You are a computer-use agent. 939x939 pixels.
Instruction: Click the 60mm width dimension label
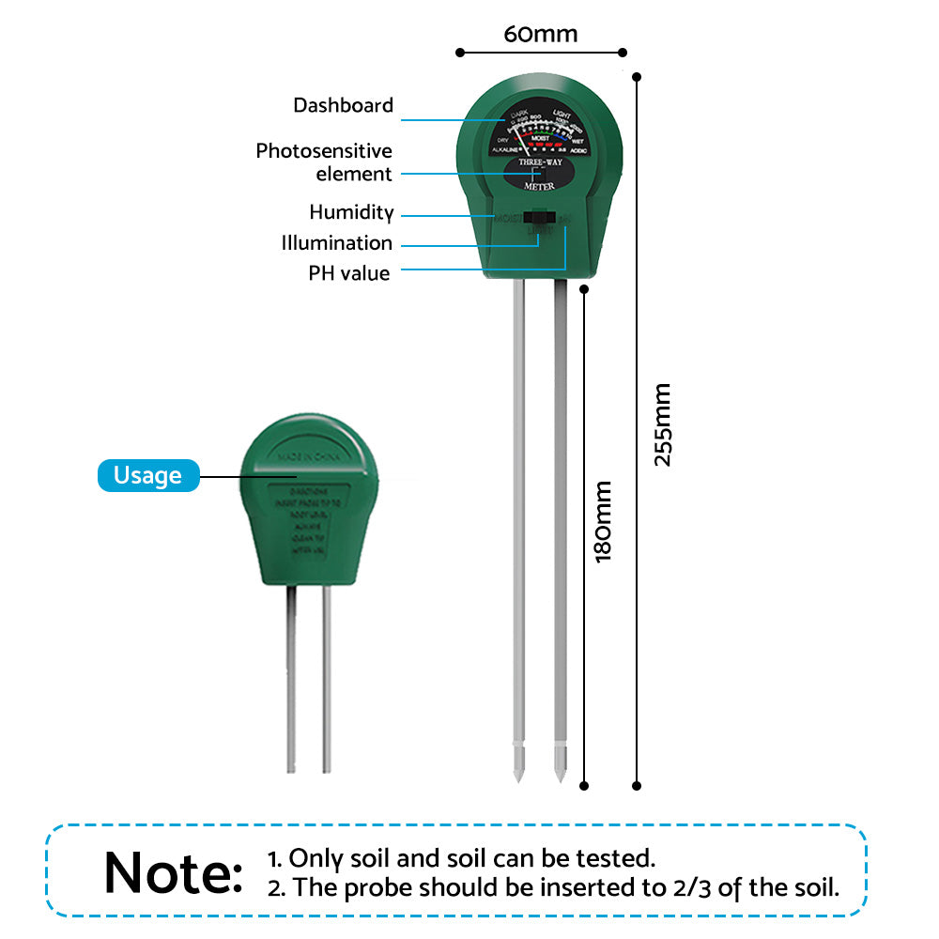pyautogui.click(x=540, y=35)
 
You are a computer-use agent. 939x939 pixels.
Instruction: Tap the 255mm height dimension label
pyautogui.click(x=663, y=424)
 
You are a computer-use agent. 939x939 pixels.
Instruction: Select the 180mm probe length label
pyautogui.click(x=603, y=522)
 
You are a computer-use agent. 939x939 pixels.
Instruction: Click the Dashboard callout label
pyautogui.click(x=343, y=105)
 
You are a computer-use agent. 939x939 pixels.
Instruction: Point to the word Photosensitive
pyautogui.click(x=324, y=151)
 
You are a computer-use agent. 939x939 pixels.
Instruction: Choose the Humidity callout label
pyautogui.click(x=351, y=212)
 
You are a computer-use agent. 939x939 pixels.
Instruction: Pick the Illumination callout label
pyautogui.click(x=337, y=243)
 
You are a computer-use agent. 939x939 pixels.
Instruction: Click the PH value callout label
pyautogui.click(x=349, y=273)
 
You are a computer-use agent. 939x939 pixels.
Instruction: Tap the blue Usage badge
pyautogui.click(x=148, y=475)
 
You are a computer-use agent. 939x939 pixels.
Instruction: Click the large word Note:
pyautogui.click(x=174, y=873)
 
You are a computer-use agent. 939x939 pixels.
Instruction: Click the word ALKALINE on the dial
pyautogui.click(x=505, y=149)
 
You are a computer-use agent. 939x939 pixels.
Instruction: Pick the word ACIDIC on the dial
pyautogui.click(x=578, y=149)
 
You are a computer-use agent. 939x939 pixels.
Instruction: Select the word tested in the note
pyautogui.click(x=619, y=857)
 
